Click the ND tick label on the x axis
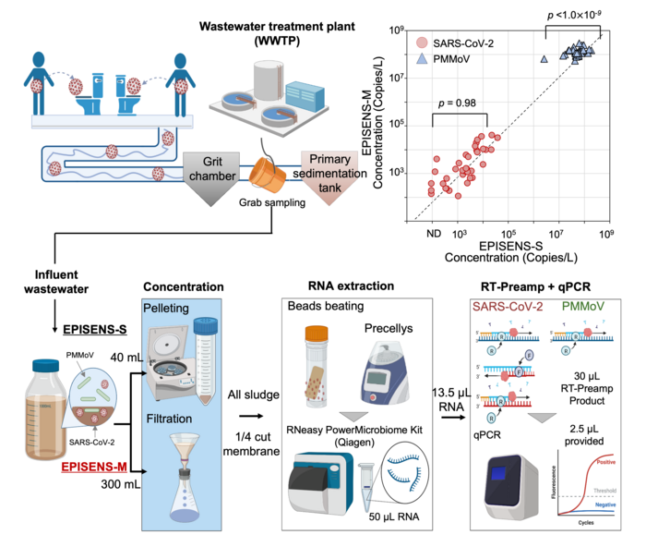point(433,234)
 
